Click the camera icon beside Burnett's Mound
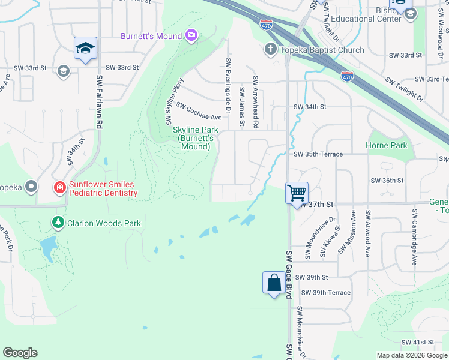tap(191, 36)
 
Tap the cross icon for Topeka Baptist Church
tap(271, 50)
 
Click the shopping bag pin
tap(274, 283)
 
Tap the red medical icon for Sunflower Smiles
tap(59, 188)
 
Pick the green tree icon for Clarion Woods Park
tap(58, 223)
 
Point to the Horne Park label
tap(386, 145)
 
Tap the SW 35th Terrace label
tap(318, 154)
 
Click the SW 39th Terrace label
tap(325, 292)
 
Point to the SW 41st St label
tap(417, 342)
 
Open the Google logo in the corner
tap(20, 353)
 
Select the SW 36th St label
tap(387, 180)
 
